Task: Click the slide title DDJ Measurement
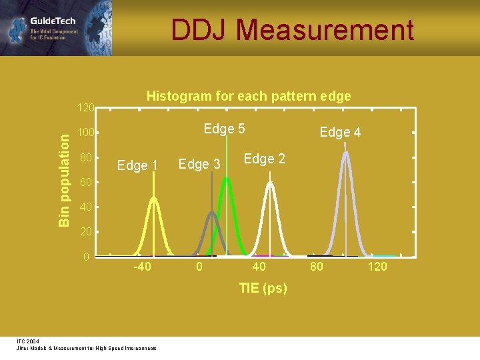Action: [x=292, y=31]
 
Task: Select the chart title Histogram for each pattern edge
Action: [x=248, y=96]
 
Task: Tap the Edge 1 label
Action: [x=137, y=165]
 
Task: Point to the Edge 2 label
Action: [x=264, y=159]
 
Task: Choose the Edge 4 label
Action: [x=340, y=132]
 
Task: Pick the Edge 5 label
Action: [x=224, y=129]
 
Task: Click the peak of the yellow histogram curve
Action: [x=154, y=197]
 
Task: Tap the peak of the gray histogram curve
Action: [x=212, y=213]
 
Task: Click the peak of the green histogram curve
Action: [x=227, y=178]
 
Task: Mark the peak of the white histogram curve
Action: [x=270, y=182]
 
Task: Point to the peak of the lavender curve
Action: [x=345, y=153]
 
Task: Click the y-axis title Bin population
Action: [x=63, y=179]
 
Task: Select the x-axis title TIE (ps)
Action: [x=263, y=288]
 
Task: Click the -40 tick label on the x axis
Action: [x=142, y=267]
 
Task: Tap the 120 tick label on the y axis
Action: [x=85, y=107]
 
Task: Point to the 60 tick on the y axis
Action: [x=85, y=183]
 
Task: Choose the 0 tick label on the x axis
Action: [x=198, y=267]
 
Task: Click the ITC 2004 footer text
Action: [x=28, y=341]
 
